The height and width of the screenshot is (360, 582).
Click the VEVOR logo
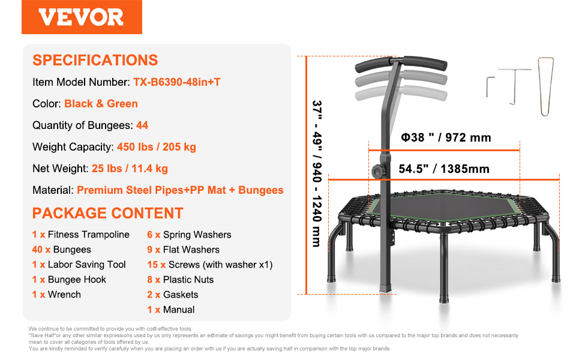click(x=82, y=17)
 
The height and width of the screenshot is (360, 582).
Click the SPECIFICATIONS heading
click(x=95, y=60)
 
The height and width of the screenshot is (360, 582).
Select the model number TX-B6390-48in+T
click(x=176, y=82)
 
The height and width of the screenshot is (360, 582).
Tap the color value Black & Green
click(x=101, y=104)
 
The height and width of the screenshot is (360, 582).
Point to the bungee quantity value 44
click(x=142, y=125)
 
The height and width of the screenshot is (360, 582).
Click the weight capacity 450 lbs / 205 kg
click(x=156, y=147)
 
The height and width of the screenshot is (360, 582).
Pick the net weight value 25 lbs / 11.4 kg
click(x=130, y=169)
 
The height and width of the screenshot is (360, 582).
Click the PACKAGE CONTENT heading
click(x=107, y=214)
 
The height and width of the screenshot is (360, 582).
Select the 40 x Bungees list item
click(x=62, y=250)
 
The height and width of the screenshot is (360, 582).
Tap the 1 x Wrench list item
click(x=56, y=295)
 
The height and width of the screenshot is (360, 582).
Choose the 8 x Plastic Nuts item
click(x=181, y=280)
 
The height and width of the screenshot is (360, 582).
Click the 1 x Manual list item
click(x=171, y=310)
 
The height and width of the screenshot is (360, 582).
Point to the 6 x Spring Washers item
click(x=189, y=235)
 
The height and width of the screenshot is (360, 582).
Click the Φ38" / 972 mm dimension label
click(x=446, y=137)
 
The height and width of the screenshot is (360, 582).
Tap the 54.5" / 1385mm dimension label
click(x=444, y=169)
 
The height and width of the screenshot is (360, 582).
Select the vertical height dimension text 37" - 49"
click(x=317, y=125)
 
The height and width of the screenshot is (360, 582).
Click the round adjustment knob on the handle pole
click(x=379, y=172)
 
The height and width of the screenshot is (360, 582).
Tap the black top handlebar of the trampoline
click(x=401, y=63)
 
